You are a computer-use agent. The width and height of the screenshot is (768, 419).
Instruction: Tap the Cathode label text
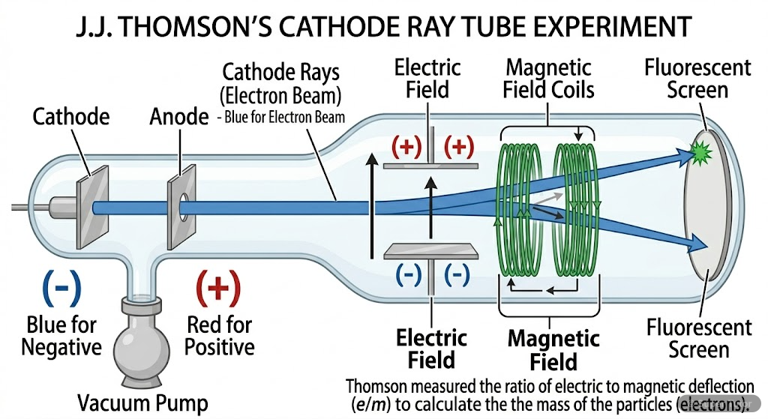71,117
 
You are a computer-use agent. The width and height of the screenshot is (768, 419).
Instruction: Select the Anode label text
178,117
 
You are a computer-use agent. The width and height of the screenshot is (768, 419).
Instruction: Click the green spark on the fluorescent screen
700,154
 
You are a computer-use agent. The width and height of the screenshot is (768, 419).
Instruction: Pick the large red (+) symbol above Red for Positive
218,287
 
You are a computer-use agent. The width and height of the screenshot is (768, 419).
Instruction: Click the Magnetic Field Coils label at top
550,79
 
